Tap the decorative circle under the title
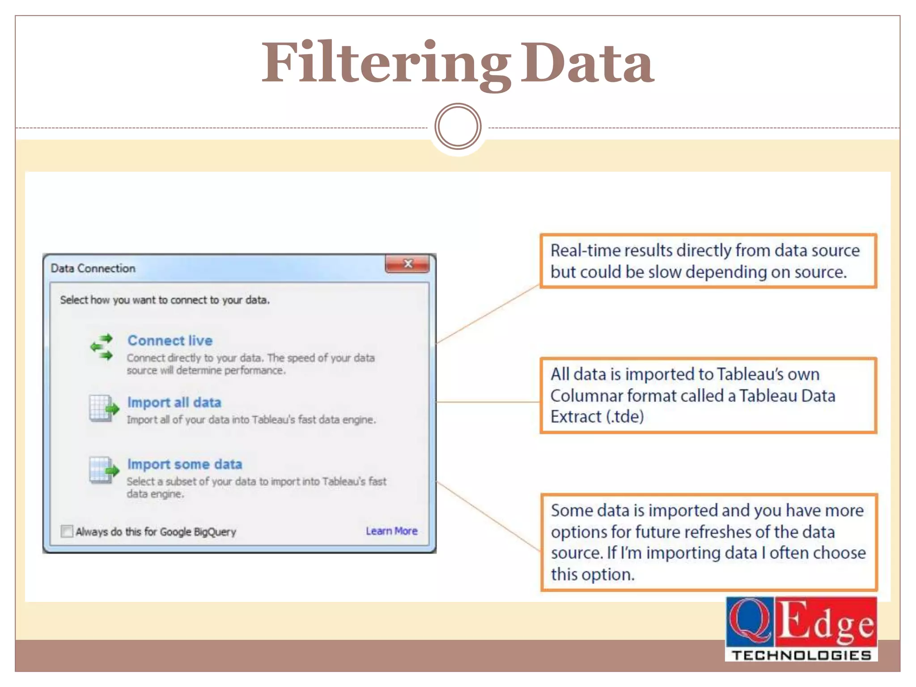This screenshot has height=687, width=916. pos(458,127)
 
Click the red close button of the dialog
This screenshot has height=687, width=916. pos(407,264)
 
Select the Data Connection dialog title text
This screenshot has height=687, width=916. pos(93,268)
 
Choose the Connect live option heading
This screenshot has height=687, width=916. pos(170,340)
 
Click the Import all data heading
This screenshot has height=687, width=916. pos(174,402)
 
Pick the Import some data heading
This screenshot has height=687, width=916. pos(184,464)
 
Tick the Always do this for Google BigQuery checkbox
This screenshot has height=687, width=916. pos(67,531)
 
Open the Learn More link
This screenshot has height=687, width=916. pos(391,531)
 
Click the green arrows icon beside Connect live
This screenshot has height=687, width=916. pos(102,347)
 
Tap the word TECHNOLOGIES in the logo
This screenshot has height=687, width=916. pos(801,655)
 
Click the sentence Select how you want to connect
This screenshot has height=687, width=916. pos(165,300)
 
